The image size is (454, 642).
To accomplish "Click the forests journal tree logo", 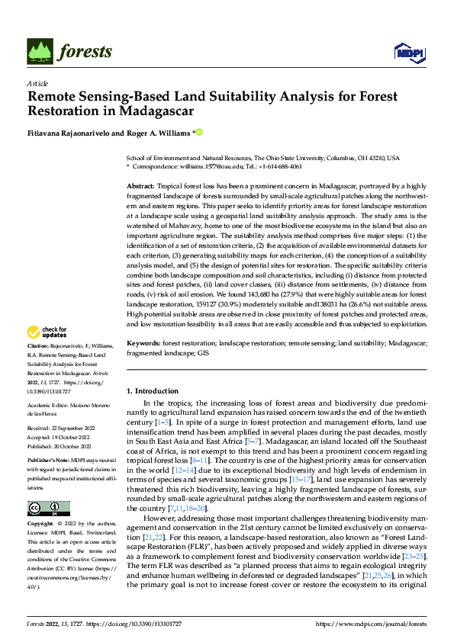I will pos(42,50).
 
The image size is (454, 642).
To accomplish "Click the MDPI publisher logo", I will pos(409,51).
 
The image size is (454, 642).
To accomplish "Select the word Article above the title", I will pos(37,82).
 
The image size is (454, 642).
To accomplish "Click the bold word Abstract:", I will pos(140,186).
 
